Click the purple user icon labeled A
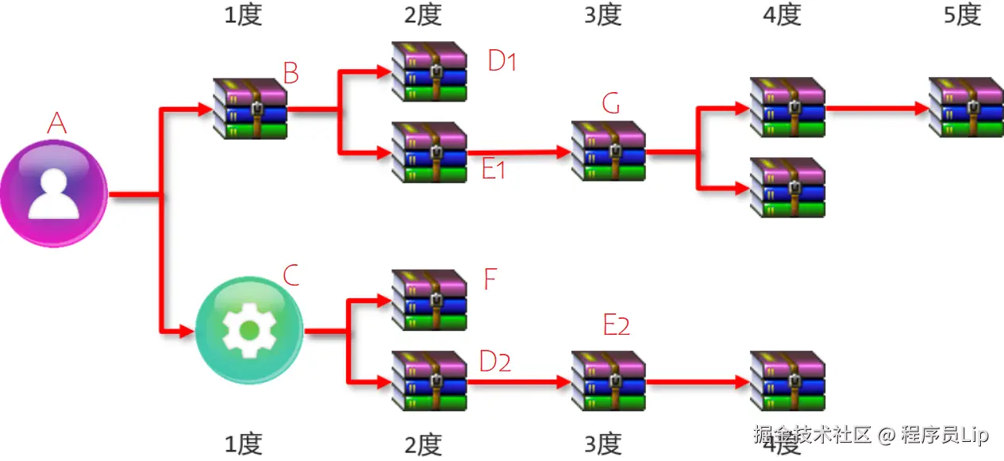coord(54,194)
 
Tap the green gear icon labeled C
coord(248,330)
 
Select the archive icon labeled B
coord(250,108)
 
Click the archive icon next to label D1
coord(429,71)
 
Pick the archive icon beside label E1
coord(429,152)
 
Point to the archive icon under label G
coord(608,151)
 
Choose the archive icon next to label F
coord(429,300)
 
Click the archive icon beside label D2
coord(429,381)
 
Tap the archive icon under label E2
coord(608,381)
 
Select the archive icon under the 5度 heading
coord(966,107)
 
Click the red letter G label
coord(610,103)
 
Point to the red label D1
coord(502,61)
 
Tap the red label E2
coord(616,325)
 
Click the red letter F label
coord(490,279)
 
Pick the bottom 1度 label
coord(242,444)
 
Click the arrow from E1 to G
coord(519,151)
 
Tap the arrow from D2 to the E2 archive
coord(519,382)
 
